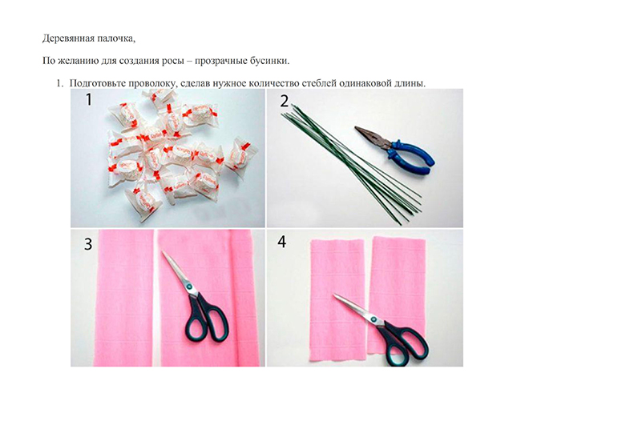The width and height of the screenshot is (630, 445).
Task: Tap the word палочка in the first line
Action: click(x=117, y=38)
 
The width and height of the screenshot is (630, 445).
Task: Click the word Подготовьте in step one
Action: click(x=98, y=83)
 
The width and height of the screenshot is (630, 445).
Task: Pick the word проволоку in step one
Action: click(x=153, y=83)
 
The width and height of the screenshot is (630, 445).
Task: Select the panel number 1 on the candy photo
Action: click(x=88, y=99)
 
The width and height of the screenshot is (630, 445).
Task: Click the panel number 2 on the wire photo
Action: click(x=284, y=101)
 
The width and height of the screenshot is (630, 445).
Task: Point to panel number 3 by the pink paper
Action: click(x=88, y=244)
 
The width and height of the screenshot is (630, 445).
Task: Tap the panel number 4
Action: click(x=282, y=242)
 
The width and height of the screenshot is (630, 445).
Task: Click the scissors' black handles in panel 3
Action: click(x=206, y=319)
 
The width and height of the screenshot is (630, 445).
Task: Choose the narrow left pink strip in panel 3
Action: click(x=123, y=298)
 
